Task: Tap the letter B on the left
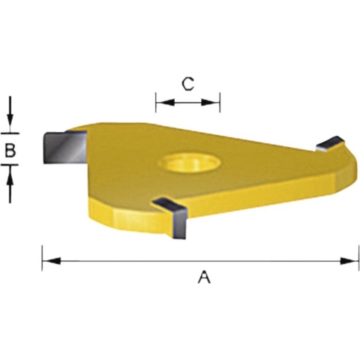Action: click(x=10, y=150)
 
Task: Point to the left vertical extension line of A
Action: click(x=41, y=255)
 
